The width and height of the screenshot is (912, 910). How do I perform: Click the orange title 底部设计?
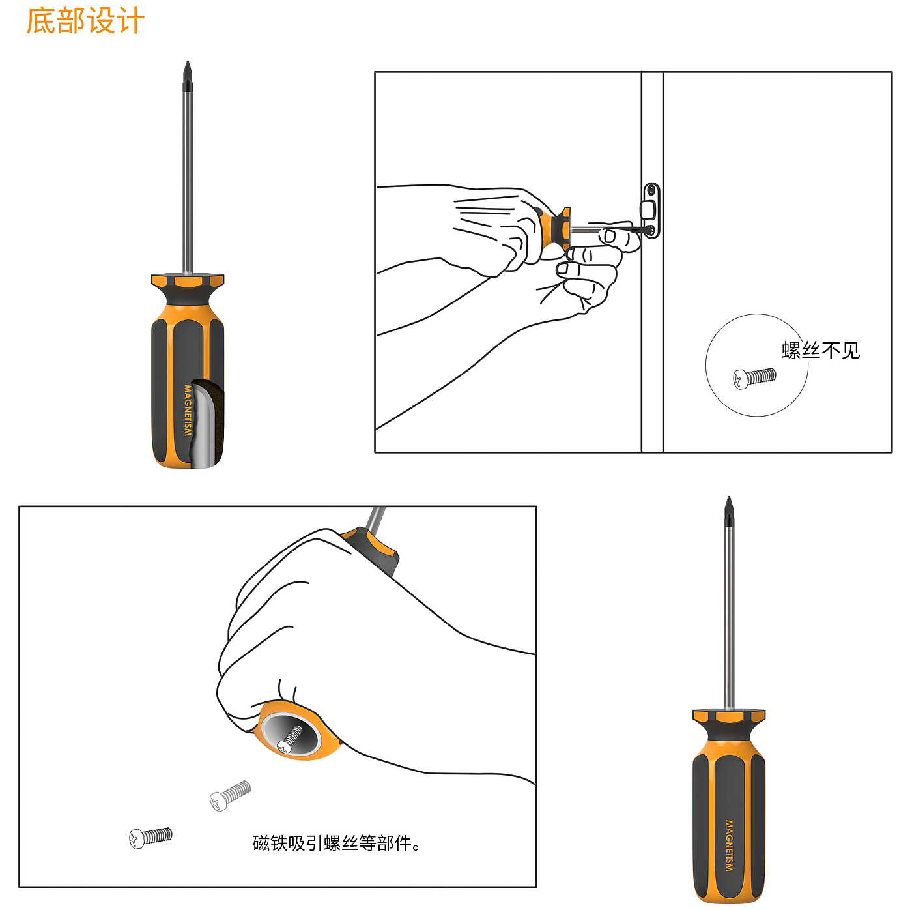[85, 21]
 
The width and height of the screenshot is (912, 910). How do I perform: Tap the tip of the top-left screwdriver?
[188, 61]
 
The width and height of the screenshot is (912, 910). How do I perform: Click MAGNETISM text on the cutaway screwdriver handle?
[188, 410]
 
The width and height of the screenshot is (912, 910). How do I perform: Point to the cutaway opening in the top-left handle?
[206, 423]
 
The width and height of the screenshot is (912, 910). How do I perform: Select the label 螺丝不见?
[820, 351]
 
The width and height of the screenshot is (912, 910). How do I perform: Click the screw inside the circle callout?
[754, 378]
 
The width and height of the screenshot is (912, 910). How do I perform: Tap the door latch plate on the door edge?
[651, 211]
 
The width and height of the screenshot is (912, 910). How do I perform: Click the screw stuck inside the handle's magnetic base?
[290, 739]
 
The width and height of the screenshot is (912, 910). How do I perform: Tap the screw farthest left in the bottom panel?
[150, 838]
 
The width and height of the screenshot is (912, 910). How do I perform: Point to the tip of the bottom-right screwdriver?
[729, 497]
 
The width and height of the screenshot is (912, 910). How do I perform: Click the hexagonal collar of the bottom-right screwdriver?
[729, 716]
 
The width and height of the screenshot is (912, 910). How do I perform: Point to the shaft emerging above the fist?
[375, 520]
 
